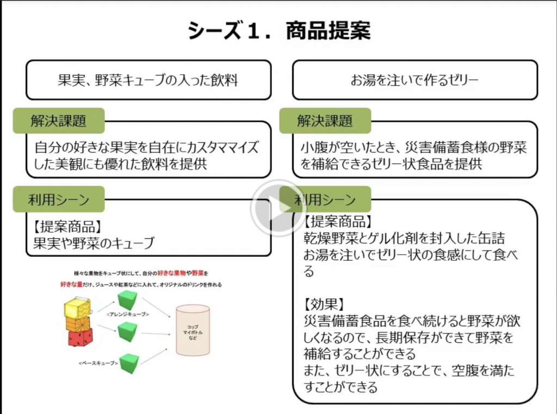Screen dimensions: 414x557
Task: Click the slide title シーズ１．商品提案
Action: (x=278, y=31)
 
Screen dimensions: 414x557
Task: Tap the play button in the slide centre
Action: (x=278, y=207)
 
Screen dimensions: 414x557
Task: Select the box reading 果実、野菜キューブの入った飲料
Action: (x=148, y=80)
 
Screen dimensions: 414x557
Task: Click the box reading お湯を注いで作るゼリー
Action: (x=414, y=80)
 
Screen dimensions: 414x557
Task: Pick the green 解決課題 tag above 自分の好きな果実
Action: (x=58, y=121)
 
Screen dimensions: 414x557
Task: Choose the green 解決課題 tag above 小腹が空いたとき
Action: (x=325, y=121)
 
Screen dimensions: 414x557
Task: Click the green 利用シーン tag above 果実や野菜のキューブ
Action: (x=58, y=199)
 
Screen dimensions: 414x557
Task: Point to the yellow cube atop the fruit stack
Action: (x=77, y=308)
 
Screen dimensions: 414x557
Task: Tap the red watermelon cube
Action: (x=80, y=337)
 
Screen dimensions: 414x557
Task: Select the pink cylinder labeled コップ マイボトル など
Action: (x=193, y=330)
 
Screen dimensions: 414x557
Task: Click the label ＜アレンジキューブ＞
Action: (x=128, y=314)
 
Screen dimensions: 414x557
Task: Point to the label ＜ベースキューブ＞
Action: (x=98, y=362)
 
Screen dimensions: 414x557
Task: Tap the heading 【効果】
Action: (x=325, y=303)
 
